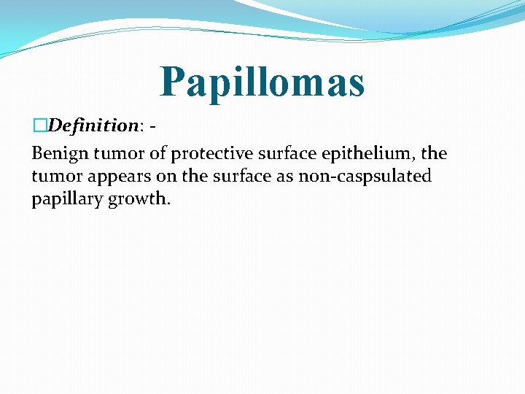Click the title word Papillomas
click(x=262, y=81)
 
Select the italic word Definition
click(x=92, y=125)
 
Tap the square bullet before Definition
click(x=39, y=125)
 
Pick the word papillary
click(x=67, y=198)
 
